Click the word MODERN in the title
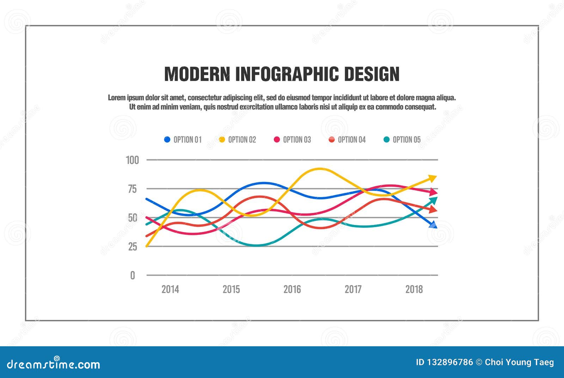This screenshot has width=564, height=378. click(197, 74)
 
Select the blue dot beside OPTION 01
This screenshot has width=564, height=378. click(167, 140)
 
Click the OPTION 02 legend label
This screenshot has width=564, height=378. click(242, 140)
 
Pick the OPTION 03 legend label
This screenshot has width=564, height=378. click(297, 140)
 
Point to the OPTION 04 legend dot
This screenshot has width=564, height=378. click(332, 140)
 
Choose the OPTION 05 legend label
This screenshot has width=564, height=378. click(406, 140)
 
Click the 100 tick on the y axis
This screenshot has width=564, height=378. click(133, 160)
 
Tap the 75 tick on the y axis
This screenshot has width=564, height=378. click(132, 189)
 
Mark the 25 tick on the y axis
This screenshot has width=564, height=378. click(133, 246)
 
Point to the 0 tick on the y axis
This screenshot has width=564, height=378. click(133, 275)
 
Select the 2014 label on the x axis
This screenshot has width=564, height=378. click(170, 289)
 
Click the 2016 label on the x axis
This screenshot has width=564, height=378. click(292, 289)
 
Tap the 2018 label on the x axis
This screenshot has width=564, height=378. click(414, 289)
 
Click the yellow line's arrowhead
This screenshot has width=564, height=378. click(433, 178)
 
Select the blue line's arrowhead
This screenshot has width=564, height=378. click(433, 225)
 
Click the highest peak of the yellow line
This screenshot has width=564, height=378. click(319, 169)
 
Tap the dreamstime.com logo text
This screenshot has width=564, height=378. click(54, 364)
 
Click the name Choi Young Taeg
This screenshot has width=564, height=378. click(519, 362)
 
